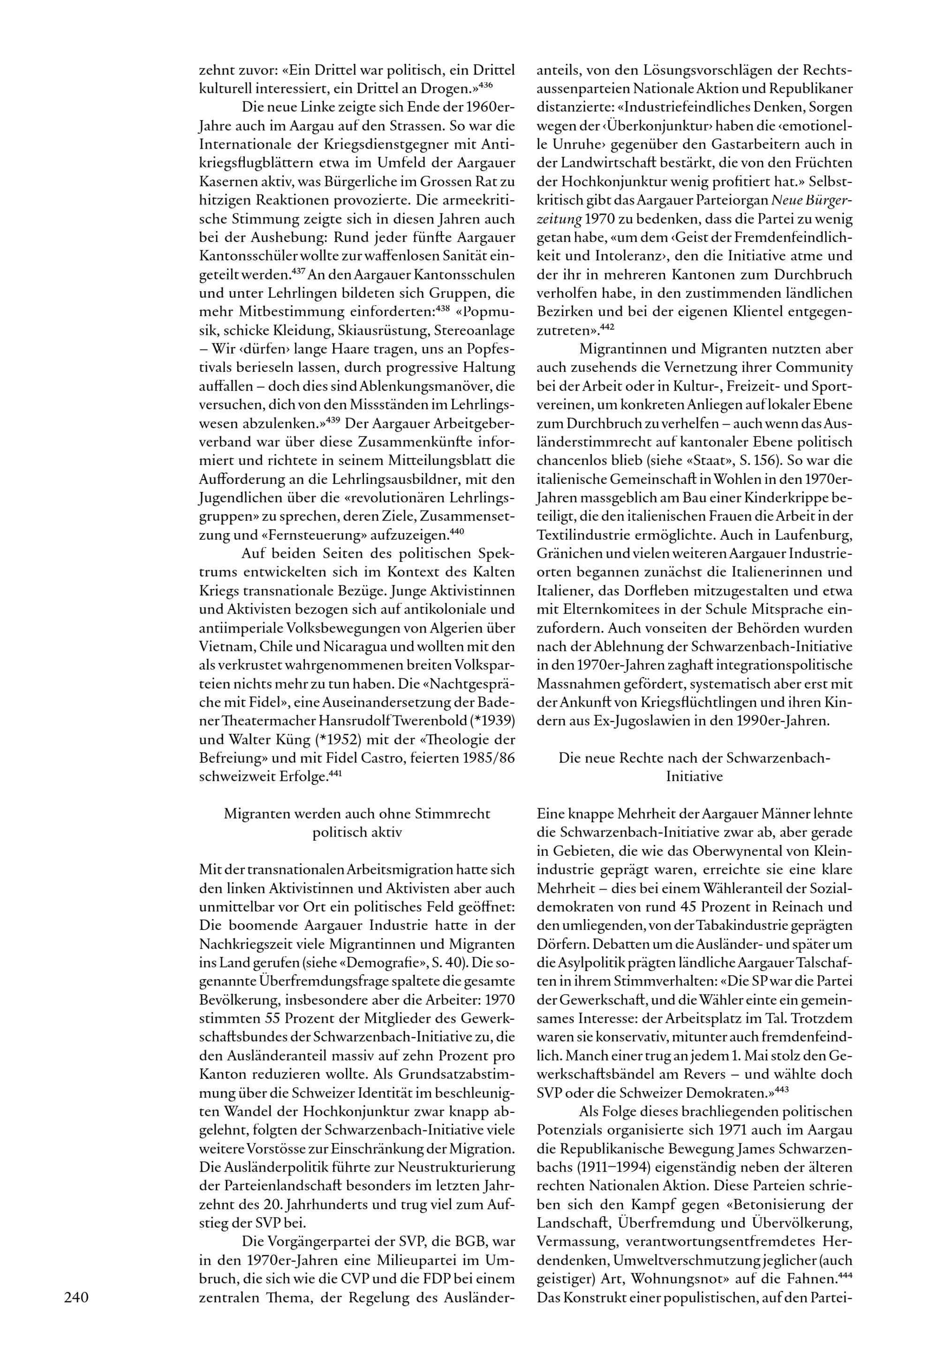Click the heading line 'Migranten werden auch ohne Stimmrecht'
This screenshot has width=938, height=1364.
357,814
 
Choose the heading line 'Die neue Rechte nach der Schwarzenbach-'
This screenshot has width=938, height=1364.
694,758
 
